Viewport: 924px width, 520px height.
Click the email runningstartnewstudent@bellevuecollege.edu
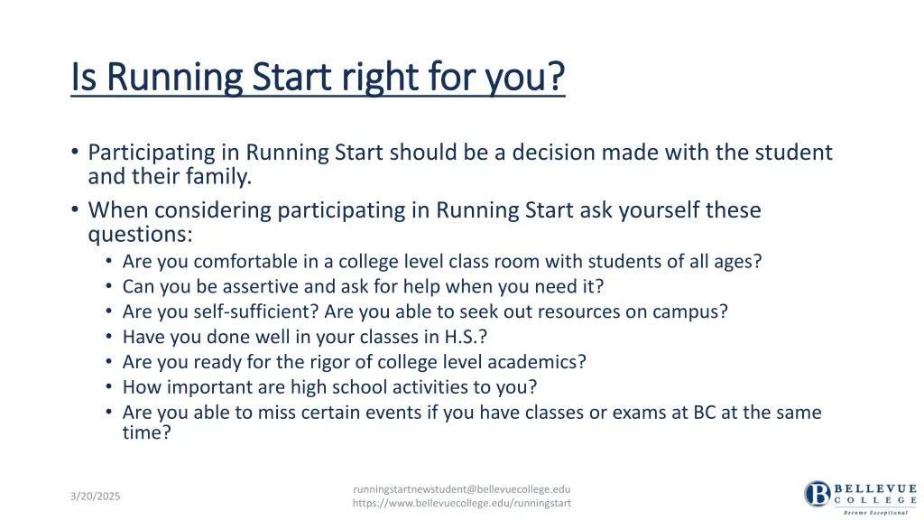coord(461,488)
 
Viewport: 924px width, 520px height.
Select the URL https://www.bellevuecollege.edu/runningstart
coord(461,503)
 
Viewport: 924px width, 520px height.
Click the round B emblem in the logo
coord(818,494)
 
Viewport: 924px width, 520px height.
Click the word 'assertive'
coord(262,286)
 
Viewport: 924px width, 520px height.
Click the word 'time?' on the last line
coord(146,432)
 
